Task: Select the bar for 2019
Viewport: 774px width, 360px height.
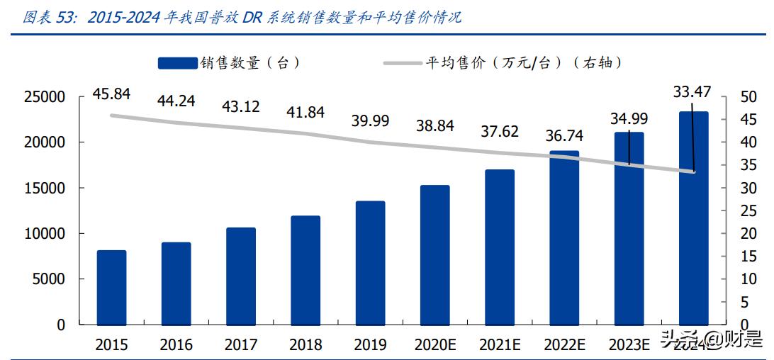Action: pos(370,263)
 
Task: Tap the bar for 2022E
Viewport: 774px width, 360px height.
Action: pos(564,237)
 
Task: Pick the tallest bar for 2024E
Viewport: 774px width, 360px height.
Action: pos(693,218)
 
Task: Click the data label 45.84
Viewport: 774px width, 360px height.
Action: pos(110,94)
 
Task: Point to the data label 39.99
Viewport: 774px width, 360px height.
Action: pos(370,120)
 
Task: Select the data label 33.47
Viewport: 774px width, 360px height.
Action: pos(691,91)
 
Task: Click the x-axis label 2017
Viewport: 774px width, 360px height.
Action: pos(241,345)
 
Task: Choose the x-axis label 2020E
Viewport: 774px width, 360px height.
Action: pos(434,345)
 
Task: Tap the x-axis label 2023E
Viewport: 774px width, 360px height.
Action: pos(629,345)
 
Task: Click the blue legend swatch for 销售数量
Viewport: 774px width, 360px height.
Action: pos(177,63)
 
